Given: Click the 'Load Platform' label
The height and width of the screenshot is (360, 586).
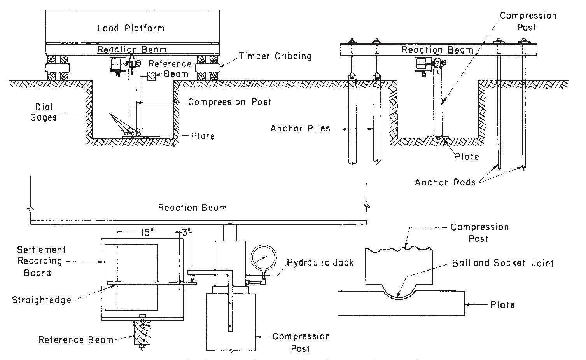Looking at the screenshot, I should (131, 28).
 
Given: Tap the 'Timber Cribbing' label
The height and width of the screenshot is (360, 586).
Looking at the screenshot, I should (275, 56).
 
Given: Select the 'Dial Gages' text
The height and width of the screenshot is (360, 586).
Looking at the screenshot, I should (43, 112).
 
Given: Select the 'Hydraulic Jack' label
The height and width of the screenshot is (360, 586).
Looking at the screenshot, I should (320, 262).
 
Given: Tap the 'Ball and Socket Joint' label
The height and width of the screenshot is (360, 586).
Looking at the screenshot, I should (502, 263).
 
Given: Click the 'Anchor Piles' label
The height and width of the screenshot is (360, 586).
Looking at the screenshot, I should (300, 128).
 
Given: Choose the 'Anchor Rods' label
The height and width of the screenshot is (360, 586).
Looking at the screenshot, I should (445, 182).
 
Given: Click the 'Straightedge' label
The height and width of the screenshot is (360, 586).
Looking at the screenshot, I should (42, 300).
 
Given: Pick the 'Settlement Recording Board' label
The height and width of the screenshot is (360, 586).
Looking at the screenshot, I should (40, 261).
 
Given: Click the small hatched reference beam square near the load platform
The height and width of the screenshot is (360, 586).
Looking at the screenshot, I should (151, 76).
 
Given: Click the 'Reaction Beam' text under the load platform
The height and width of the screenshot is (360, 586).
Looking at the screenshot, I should (132, 49).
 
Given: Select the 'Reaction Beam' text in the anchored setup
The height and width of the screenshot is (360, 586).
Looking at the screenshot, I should (437, 50).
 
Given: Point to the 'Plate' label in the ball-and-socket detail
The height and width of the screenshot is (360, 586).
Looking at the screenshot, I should (502, 304).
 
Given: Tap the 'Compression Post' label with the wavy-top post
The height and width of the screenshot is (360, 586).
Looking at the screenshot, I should (479, 232).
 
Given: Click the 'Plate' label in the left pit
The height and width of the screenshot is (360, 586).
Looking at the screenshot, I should (203, 136).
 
